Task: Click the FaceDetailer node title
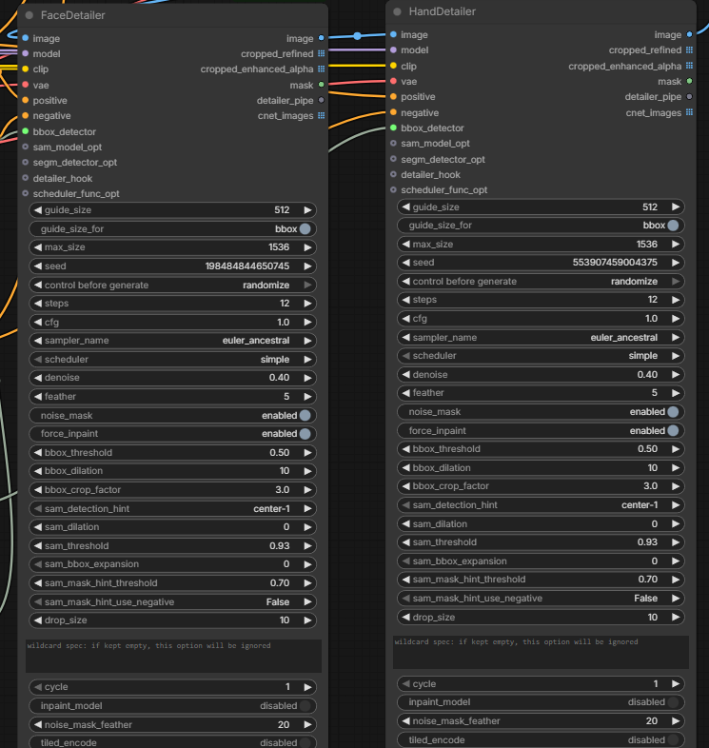pyautogui.click(x=72, y=15)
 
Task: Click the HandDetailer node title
pyautogui.click(x=442, y=11)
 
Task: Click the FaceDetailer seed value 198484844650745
pyautogui.click(x=247, y=266)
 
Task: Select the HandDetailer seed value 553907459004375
pyautogui.click(x=615, y=263)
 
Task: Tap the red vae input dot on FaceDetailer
pyautogui.click(x=26, y=85)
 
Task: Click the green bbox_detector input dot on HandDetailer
pyautogui.click(x=393, y=128)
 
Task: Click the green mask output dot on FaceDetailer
pyautogui.click(x=321, y=85)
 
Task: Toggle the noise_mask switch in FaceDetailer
pyautogui.click(x=305, y=416)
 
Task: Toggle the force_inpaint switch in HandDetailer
pyautogui.click(x=673, y=431)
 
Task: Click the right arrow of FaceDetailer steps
pyautogui.click(x=307, y=304)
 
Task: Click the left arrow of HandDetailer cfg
pyautogui.click(x=406, y=318)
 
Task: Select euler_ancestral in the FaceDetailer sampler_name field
pyautogui.click(x=256, y=341)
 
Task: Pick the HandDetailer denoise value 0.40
pyautogui.click(x=647, y=375)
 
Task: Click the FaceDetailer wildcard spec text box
pyautogui.click(x=173, y=656)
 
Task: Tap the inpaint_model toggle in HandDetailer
pyautogui.click(x=673, y=702)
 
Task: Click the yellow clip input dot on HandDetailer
pyautogui.click(x=393, y=66)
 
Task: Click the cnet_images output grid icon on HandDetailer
pyautogui.click(x=689, y=112)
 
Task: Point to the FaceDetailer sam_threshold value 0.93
pyautogui.click(x=279, y=545)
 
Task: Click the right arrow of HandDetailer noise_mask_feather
pyautogui.click(x=676, y=721)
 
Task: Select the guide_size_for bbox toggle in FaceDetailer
pyautogui.click(x=305, y=229)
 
